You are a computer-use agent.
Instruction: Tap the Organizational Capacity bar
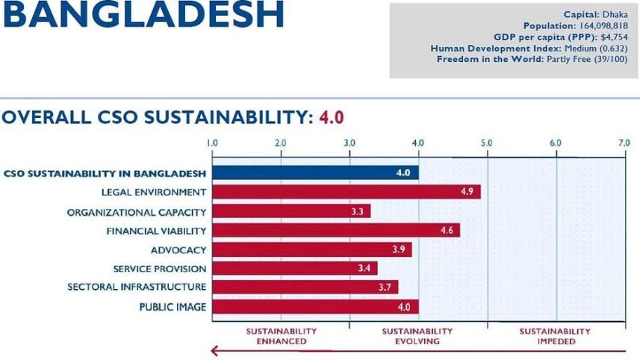click(291, 211)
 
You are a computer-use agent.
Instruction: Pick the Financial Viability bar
click(336, 231)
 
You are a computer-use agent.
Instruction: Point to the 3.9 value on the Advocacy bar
click(399, 249)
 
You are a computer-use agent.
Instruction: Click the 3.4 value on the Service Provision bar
click(364, 268)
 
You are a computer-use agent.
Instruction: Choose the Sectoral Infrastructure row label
click(137, 287)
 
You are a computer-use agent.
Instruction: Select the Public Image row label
click(173, 306)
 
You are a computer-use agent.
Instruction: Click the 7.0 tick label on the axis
click(624, 142)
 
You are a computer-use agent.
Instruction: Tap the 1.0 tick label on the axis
click(212, 142)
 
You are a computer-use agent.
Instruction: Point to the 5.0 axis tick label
click(487, 142)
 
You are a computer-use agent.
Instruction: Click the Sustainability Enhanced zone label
click(282, 336)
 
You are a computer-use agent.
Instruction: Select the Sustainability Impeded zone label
click(556, 336)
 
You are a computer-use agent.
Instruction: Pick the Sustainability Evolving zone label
click(417, 336)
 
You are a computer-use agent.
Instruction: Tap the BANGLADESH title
click(143, 16)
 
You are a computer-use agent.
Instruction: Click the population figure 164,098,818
click(603, 25)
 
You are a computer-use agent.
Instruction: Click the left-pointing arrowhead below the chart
click(215, 351)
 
